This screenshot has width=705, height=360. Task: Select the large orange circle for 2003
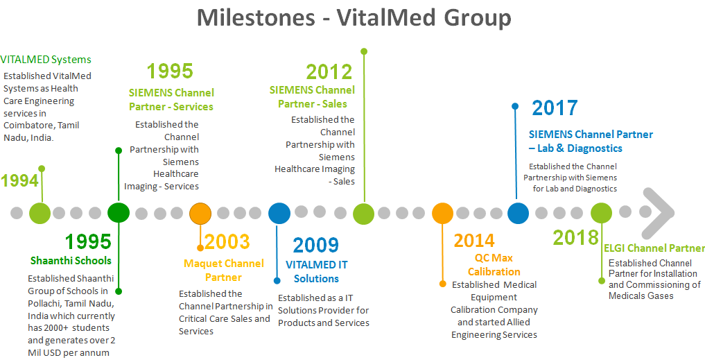[200, 213]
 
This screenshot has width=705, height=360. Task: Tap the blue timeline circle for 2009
[279, 213]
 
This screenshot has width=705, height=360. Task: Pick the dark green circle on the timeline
[119, 212]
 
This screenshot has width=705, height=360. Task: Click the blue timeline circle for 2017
[518, 213]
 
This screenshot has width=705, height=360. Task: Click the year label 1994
[19, 181]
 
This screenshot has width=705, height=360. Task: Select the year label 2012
[329, 71]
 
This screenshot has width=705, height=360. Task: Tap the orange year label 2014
[474, 241]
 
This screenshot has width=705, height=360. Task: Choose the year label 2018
[575, 238]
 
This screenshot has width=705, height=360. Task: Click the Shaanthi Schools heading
[71, 261]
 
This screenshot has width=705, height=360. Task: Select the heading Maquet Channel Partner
[223, 271]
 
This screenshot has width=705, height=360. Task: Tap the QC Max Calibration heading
[494, 265]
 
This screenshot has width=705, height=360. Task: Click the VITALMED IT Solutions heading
[317, 271]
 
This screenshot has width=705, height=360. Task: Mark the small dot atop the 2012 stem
[364, 51]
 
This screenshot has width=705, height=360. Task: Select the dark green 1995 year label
[88, 242]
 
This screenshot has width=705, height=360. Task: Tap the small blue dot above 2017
[514, 106]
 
